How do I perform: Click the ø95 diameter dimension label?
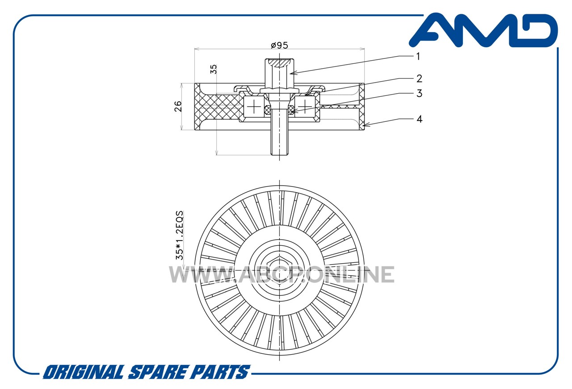[x=279, y=46]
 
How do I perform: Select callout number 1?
[x=418, y=56]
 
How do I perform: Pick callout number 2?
[x=419, y=79]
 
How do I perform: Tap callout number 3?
[x=419, y=93]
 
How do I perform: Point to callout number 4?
[x=419, y=119]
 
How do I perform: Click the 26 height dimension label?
[x=178, y=106]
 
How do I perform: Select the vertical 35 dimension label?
[x=213, y=69]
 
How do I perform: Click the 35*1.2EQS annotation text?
[x=180, y=235]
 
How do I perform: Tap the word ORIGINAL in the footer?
[x=84, y=372]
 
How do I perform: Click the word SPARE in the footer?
[x=157, y=372]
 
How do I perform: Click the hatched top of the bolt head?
[x=279, y=63]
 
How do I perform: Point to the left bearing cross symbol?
[x=254, y=106]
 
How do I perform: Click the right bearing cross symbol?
[x=305, y=106]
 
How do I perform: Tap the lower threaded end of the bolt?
[x=279, y=143]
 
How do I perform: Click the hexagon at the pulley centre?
[x=279, y=270]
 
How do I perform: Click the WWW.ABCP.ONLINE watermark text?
[x=282, y=274]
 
